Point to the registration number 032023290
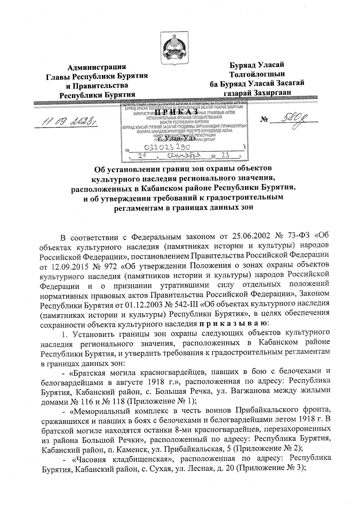pos(168,147)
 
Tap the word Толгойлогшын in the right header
pos(257,74)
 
